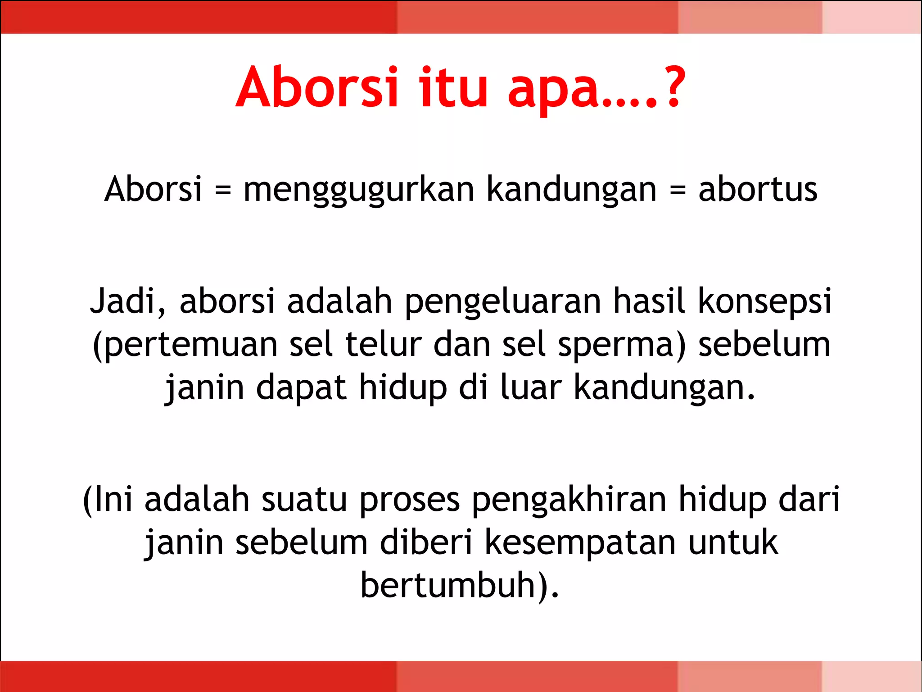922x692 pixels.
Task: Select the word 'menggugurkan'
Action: point(359,190)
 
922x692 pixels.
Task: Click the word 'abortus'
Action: point(758,189)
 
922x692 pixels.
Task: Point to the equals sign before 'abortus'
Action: point(678,190)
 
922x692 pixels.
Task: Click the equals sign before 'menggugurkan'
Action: point(223,190)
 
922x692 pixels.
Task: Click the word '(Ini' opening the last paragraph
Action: point(108,499)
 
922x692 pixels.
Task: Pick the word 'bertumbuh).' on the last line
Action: point(460,585)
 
